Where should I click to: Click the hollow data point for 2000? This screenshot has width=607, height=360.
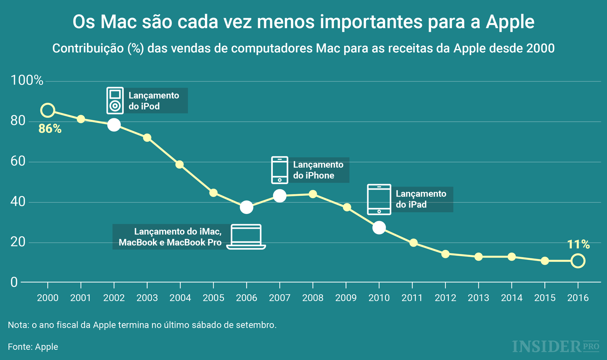tap(47, 110)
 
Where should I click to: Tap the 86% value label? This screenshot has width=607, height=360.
tap(50, 129)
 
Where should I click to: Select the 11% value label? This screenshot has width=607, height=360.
tap(578, 245)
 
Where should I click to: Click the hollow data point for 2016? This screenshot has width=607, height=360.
tap(578, 261)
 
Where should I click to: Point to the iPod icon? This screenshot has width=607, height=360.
tap(115, 101)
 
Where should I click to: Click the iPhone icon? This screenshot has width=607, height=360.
tap(280, 170)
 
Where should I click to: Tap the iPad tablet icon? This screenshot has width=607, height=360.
tap(379, 199)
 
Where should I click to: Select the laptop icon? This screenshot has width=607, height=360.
tap(246, 237)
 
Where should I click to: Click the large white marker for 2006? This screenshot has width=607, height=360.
tap(247, 207)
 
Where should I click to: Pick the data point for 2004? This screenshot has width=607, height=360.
tap(180, 164)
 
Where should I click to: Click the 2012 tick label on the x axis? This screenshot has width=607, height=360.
tap(445, 298)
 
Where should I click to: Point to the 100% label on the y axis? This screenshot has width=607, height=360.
tap(27, 80)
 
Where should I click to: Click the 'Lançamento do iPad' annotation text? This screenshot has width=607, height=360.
tap(421, 199)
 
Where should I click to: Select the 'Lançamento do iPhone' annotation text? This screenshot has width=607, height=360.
tap(318, 170)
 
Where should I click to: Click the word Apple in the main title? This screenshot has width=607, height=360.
tap(510, 22)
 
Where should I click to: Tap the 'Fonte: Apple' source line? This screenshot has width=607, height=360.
tap(33, 347)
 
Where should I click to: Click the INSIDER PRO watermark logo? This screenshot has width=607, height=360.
tap(555, 346)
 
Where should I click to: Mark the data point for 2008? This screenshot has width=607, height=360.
tap(313, 194)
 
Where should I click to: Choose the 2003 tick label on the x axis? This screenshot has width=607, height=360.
tap(147, 298)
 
